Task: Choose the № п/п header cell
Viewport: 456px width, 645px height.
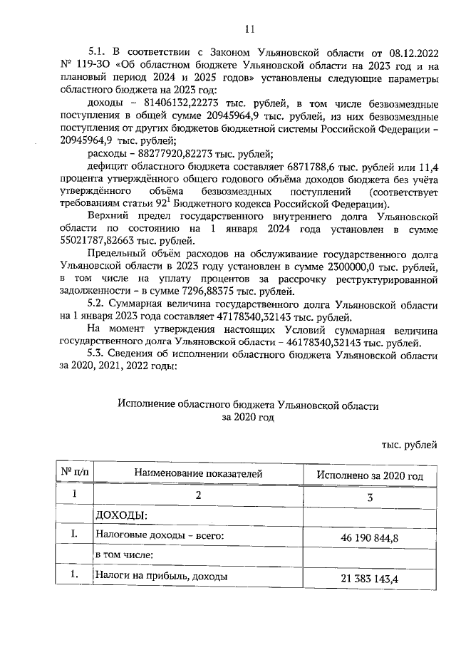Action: pyautogui.click(x=72, y=473)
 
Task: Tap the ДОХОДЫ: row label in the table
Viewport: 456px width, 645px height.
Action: pyautogui.click(x=121, y=514)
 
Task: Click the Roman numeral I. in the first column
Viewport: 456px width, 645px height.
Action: pyautogui.click(x=72, y=533)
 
